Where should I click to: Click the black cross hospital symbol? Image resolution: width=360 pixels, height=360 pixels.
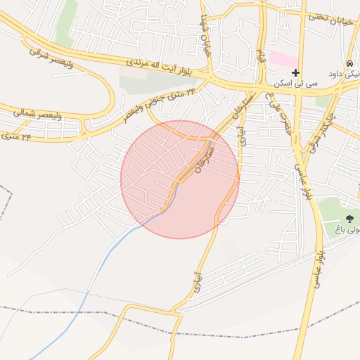[x=295, y=72]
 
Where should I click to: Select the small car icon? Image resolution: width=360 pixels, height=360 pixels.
[x=350, y=62]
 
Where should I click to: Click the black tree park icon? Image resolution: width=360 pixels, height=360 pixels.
[x=350, y=219]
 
